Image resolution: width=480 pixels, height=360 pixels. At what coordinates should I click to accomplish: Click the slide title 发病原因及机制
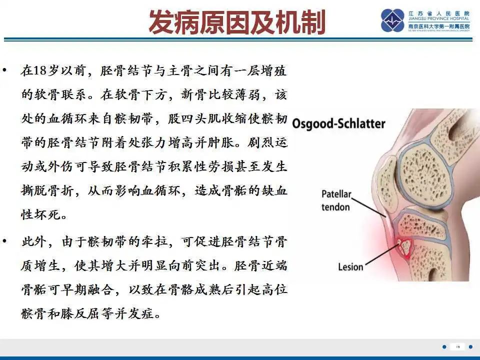point(237,22)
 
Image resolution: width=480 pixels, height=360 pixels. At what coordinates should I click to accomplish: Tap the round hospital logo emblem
point(392,21)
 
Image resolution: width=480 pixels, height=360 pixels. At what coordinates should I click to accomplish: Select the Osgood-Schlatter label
point(338,123)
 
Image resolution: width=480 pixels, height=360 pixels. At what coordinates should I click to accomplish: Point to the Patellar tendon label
point(336,199)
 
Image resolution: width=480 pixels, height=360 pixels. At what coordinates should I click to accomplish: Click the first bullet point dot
point(5,70)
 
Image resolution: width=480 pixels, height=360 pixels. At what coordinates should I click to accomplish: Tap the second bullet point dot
point(5,241)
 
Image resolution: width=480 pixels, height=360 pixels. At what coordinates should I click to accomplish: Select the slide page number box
point(457,346)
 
